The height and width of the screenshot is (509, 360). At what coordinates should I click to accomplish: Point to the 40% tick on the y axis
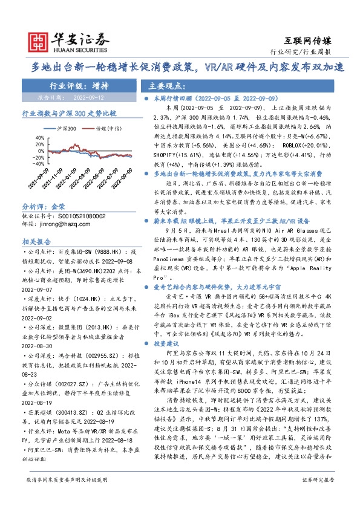(39, 137)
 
